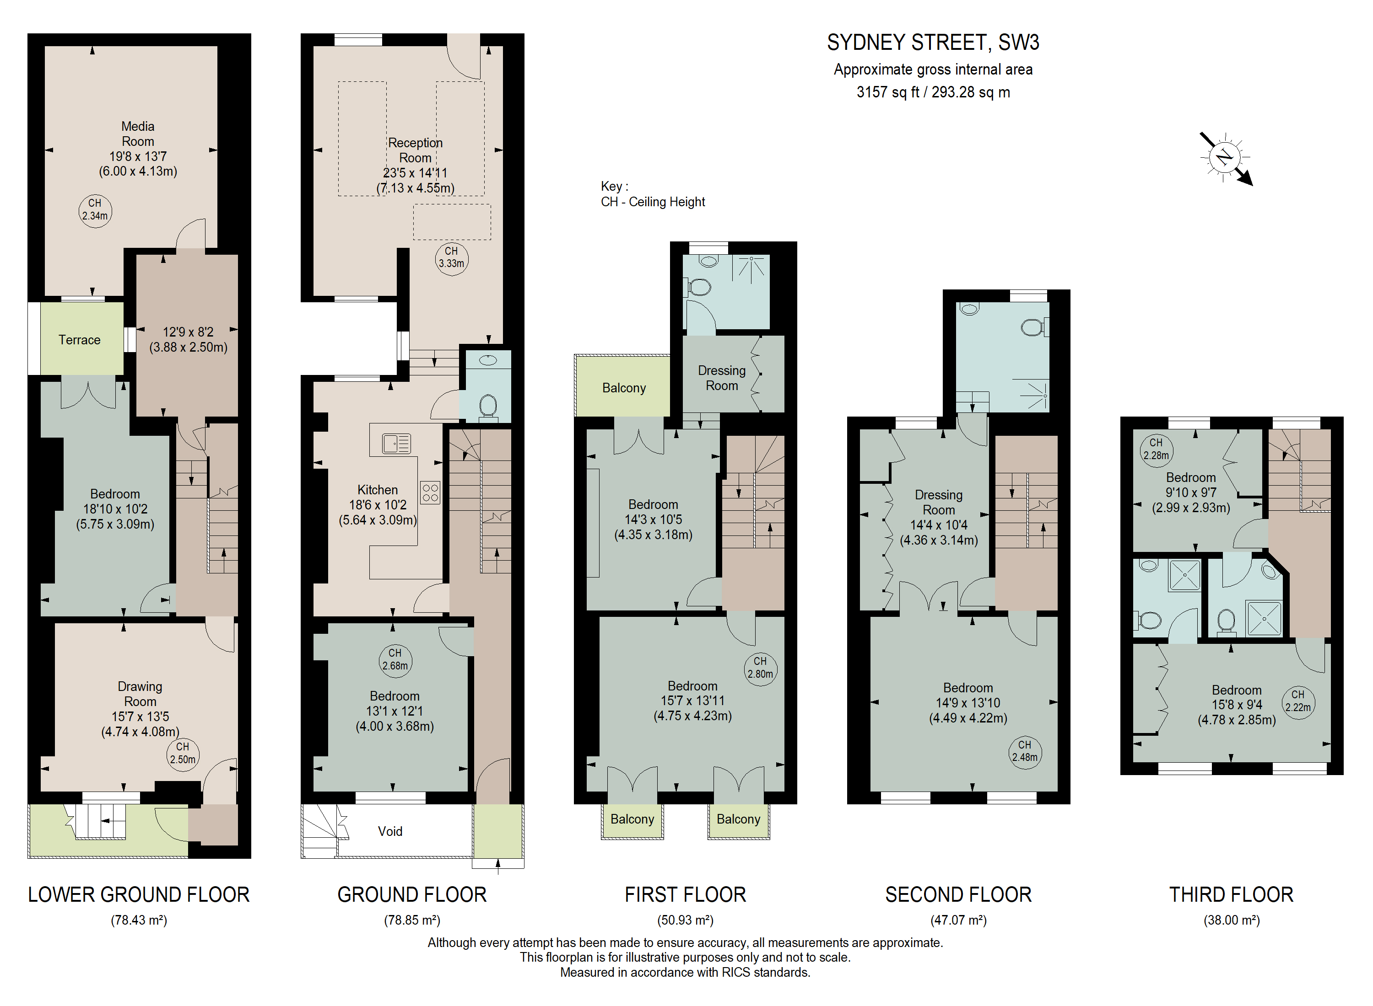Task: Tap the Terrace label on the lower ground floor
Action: (x=79, y=340)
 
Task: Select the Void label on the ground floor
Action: (x=390, y=831)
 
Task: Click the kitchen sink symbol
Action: (x=396, y=443)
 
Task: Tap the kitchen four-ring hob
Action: (x=430, y=492)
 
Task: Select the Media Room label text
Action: (x=138, y=134)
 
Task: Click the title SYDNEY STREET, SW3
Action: (x=933, y=42)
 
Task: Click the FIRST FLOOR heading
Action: (x=686, y=894)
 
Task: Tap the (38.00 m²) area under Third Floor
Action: (x=1232, y=920)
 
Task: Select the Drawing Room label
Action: (x=140, y=694)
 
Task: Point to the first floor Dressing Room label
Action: (x=722, y=378)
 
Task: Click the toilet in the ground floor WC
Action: (x=488, y=406)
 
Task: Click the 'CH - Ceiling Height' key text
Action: (x=653, y=202)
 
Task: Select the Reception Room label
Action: (x=416, y=150)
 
